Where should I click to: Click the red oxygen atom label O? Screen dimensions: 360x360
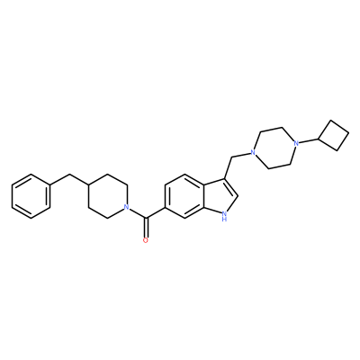146,240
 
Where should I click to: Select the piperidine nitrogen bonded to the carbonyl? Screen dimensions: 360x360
127,207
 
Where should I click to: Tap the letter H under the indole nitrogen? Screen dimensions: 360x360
223,220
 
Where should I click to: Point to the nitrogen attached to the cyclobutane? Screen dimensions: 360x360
296,143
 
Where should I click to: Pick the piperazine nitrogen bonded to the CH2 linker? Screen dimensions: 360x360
253,153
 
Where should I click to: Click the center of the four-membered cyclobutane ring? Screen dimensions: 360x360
334,135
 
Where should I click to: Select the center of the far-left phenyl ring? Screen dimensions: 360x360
31,196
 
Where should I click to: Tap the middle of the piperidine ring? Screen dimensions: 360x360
107,196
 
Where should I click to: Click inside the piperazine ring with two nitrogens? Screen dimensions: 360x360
274,148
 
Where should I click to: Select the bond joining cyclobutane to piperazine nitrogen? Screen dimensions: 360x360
309,141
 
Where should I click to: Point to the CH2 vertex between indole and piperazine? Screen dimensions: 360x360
231,157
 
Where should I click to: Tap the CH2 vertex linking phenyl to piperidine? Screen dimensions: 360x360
69,175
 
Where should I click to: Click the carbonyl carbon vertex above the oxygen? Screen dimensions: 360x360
146,218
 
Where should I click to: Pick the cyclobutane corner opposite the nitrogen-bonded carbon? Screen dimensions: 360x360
348,132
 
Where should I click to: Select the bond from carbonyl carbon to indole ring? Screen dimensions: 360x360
156,212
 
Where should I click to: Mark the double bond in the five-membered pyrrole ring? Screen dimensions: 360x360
230,187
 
